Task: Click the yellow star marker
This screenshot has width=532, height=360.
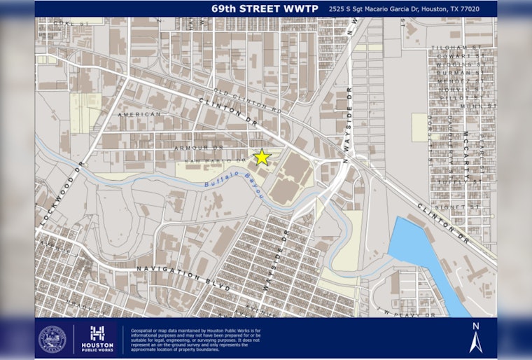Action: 262,157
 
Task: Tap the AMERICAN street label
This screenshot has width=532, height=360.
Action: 139,114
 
